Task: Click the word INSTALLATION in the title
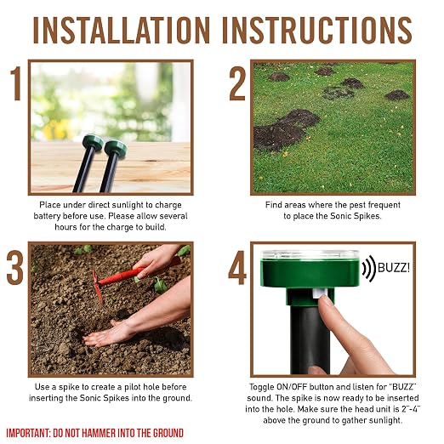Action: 122,30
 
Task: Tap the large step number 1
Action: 16,83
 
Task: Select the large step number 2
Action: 237,84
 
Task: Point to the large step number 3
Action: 15,267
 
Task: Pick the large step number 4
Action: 237,267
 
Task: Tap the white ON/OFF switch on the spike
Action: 318,293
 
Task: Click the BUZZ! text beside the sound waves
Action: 394,268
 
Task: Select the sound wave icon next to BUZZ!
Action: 368,268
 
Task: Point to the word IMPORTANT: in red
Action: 28,433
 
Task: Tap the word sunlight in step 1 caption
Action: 132,205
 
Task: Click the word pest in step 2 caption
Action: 357,205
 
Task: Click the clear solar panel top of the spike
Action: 310,255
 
